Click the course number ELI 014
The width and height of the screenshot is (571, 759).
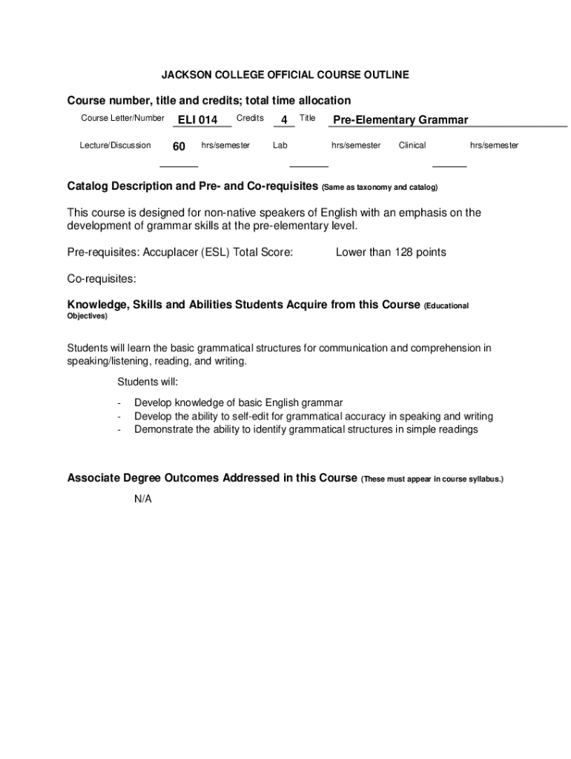click(x=197, y=120)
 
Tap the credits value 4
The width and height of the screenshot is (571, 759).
click(x=284, y=120)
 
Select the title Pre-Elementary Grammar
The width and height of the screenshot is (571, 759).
click(x=400, y=120)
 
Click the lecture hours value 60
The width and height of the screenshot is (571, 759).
click(x=179, y=147)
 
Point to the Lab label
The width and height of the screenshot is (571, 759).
click(x=280, y=145)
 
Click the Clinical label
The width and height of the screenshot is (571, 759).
click(x=412, y=145)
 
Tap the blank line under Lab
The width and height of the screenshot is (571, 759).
click(x=308, y=167)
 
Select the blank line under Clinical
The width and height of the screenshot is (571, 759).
click(x=449, y=167)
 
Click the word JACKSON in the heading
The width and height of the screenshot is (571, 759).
click(x=185, y=75)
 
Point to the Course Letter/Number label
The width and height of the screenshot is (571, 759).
click(x=122, y=119)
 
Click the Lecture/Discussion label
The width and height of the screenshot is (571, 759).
click(x=115, y=145)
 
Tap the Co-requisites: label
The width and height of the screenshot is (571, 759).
click(x=102, y=279)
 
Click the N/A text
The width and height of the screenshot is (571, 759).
click(x=143, y=499)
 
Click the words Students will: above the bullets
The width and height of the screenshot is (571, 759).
click(x=148, y=382)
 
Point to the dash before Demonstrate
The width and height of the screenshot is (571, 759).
click(x=119, y=429)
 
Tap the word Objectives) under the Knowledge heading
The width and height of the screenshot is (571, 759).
click(x=88, y=316)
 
